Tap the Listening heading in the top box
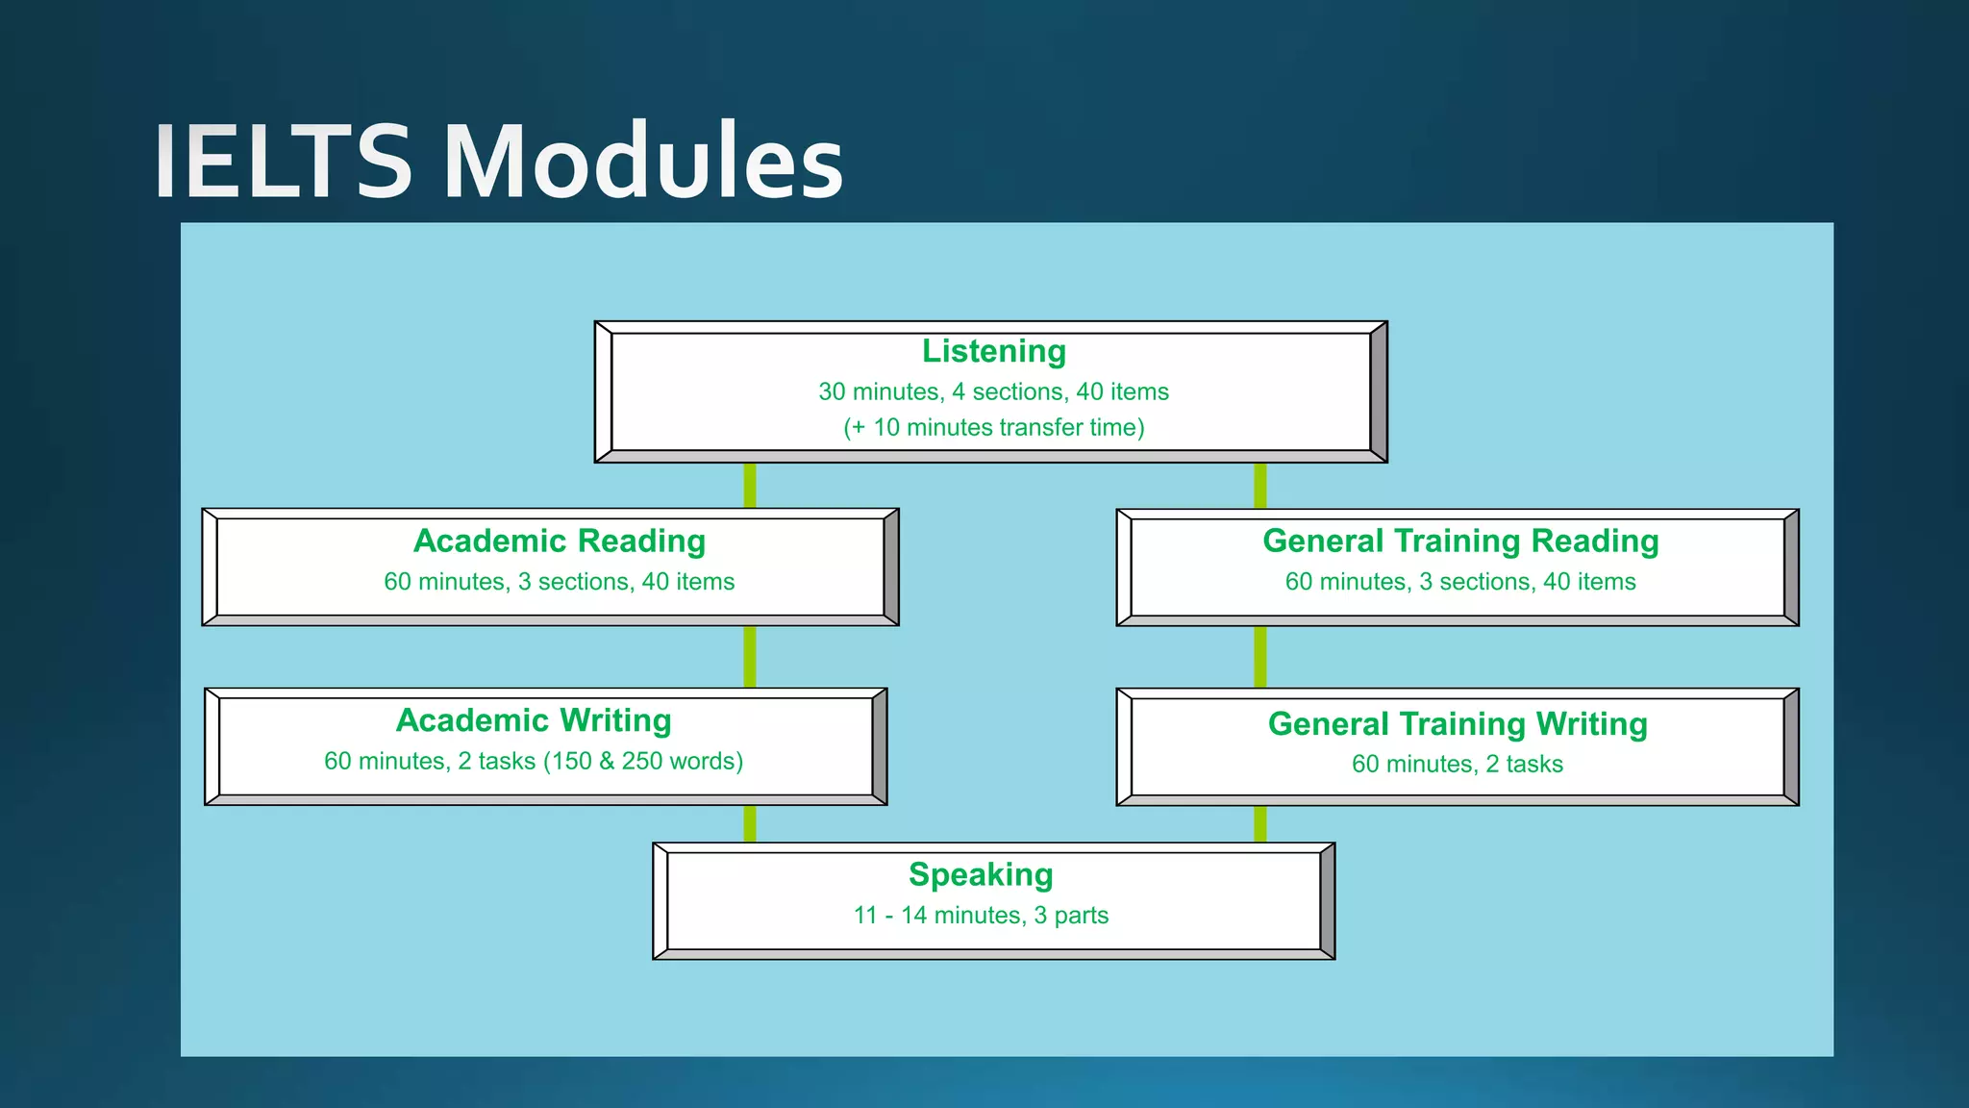993,352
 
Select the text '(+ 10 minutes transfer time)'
993,428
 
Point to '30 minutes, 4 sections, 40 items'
993,392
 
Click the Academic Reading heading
559,541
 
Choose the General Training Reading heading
1459,541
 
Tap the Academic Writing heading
534,720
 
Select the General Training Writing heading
1458,724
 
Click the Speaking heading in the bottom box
981,875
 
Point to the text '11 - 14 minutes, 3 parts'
981,916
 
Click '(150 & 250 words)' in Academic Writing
643,762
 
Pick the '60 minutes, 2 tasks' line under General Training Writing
1458,765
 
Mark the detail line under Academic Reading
559,582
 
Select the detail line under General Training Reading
1459,582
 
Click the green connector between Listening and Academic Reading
750,486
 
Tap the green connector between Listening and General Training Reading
1259,486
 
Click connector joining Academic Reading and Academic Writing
750,657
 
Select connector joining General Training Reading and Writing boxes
1259,657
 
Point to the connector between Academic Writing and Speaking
750,824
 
